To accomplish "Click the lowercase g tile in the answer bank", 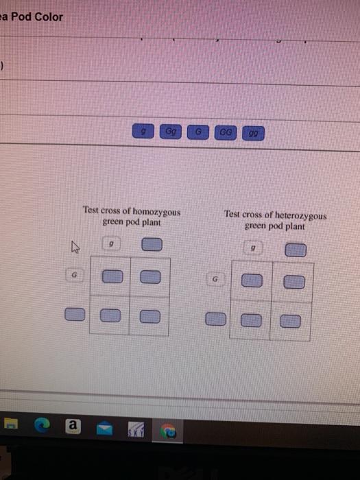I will click(x=143, y=130).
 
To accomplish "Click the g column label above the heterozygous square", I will click(x=254, y=248).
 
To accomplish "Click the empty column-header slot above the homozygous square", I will click(x=151, y=244).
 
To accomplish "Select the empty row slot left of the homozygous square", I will click(x=74, y=315).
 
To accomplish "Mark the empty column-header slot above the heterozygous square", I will click(x=295, y=250).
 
